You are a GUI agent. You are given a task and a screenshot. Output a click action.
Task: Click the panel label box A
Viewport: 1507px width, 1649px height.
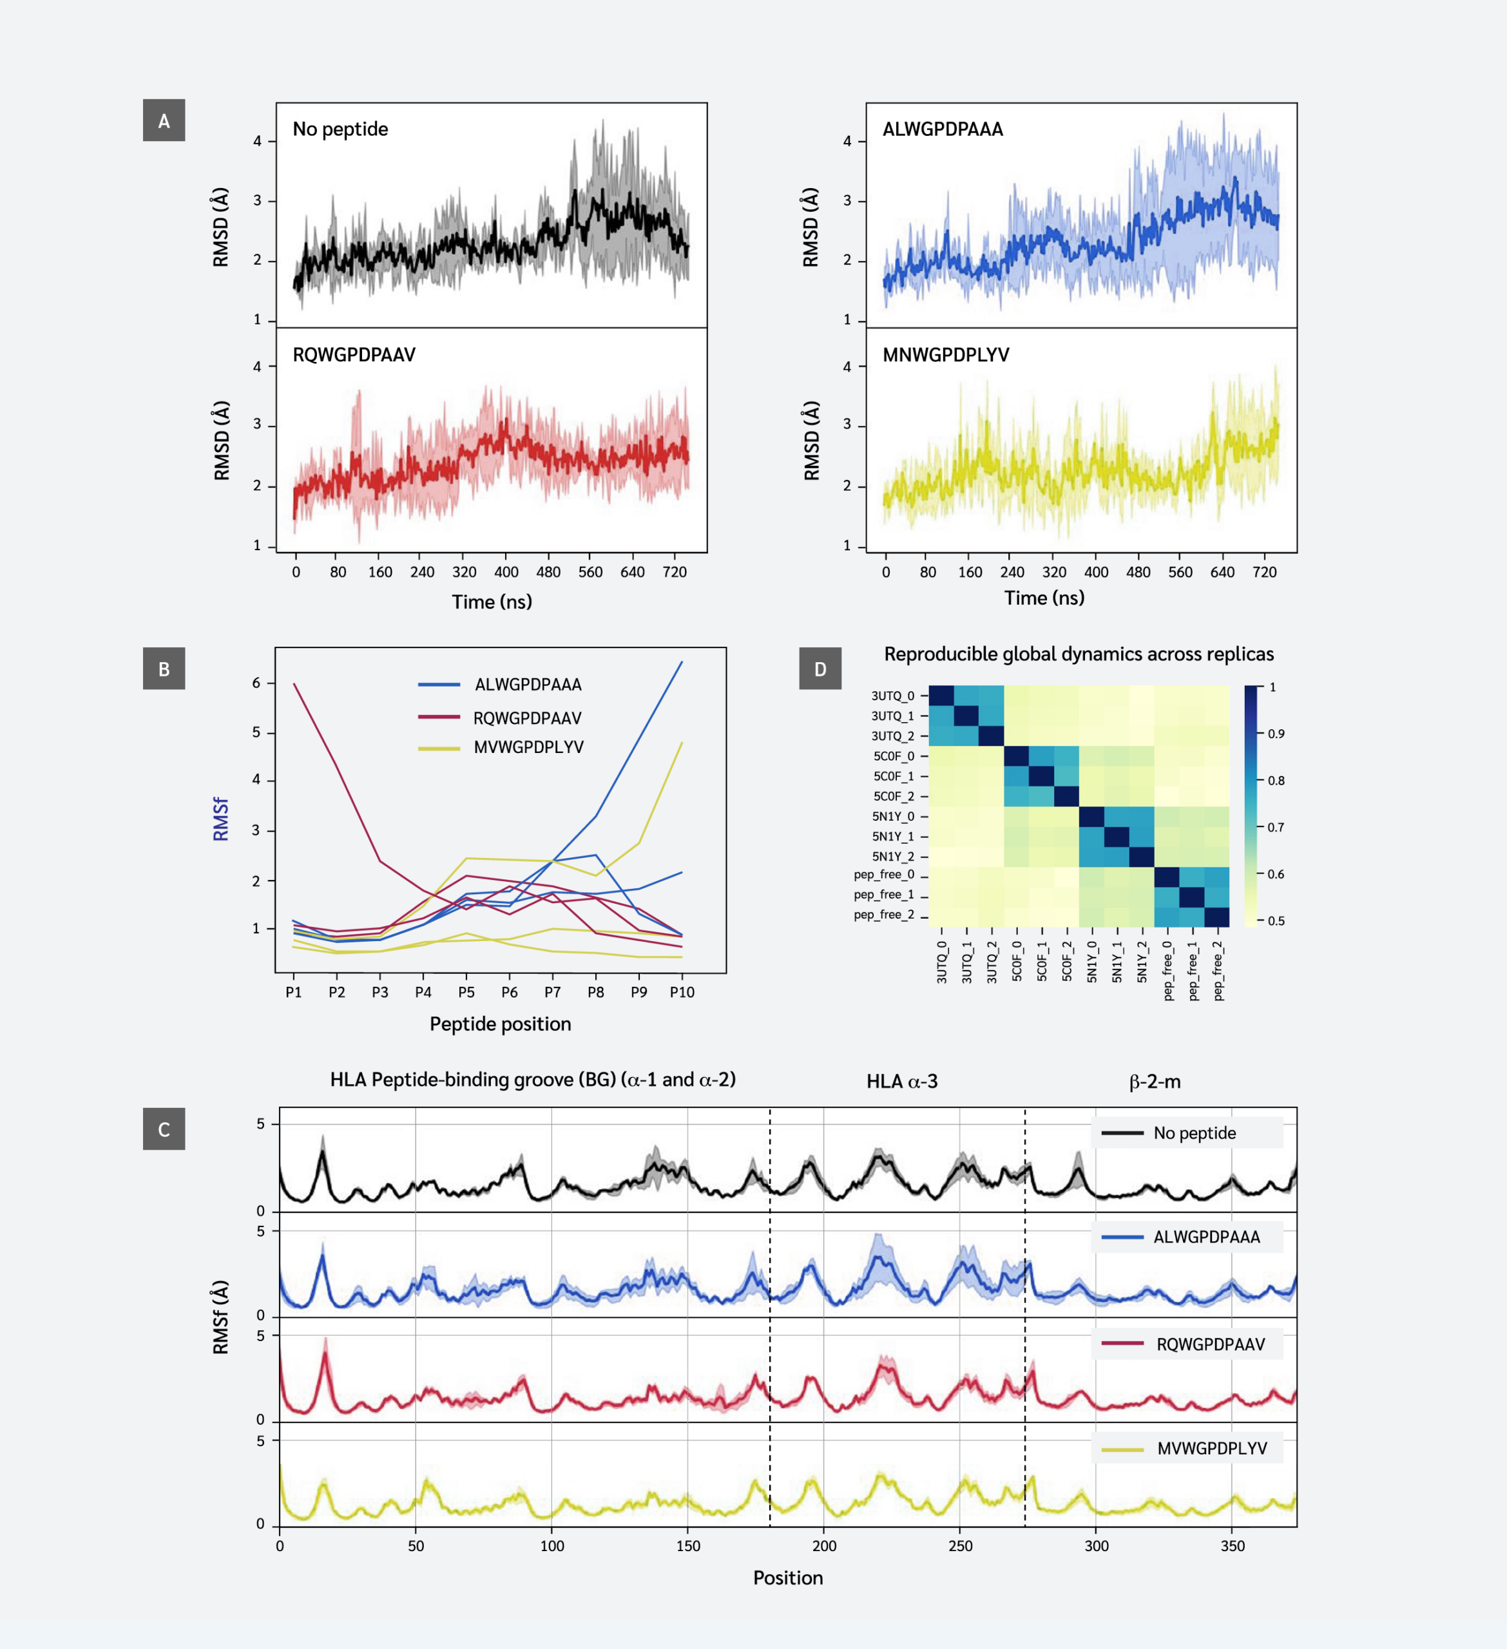[164, 120]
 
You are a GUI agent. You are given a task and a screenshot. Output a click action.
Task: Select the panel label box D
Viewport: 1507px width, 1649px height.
[820, 668]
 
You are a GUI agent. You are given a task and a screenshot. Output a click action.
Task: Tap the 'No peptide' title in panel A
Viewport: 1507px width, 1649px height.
[340, 129]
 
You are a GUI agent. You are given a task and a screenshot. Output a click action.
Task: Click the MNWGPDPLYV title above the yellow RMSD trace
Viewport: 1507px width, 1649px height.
[946, 355]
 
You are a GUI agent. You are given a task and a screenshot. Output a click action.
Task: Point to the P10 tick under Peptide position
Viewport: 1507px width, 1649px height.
[682, 992]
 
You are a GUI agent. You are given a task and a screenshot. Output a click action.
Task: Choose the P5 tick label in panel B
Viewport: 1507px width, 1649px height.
[466, 992]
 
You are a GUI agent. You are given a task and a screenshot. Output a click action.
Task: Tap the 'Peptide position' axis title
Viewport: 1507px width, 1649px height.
[500, 1024]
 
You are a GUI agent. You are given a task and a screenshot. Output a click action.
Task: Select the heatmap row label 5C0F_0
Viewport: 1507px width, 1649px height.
[894, 756]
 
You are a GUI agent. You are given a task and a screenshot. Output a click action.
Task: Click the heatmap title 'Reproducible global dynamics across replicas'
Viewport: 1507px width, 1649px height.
[1079, 654]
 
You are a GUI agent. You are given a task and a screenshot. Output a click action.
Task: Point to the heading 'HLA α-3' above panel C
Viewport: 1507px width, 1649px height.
[901, 1082]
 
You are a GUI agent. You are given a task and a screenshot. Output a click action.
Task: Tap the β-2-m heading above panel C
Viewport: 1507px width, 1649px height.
[1155, 1082]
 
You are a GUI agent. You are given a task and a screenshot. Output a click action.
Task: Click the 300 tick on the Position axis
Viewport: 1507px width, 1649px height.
[1097, 1546]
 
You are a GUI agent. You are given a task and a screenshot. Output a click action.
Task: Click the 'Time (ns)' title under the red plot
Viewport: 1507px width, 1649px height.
[492, 602]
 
